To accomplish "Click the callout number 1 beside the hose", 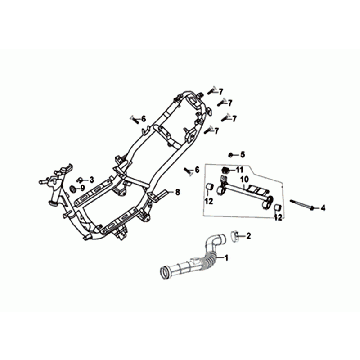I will click(x=227, y=258).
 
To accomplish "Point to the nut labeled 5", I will click(x=232, y=154).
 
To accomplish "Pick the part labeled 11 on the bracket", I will click(x=229, y=170).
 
